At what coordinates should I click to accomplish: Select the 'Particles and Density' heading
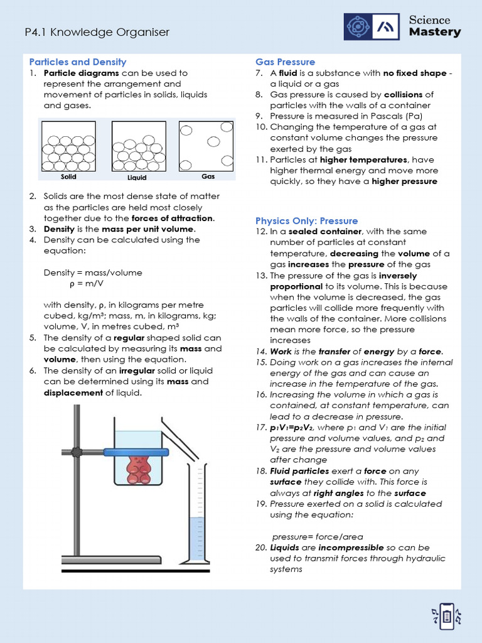(78, 62)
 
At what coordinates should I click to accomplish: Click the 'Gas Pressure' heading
(285, 62)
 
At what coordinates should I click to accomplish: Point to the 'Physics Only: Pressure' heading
(306, 220)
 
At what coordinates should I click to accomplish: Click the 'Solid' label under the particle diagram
(68, 177)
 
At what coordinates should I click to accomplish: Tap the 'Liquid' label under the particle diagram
(137, 177)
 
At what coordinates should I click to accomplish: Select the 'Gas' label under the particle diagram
(208, 176)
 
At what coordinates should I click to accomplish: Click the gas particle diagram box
(206, 146)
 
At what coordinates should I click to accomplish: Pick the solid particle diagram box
(68, 146)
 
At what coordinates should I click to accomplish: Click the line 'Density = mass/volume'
(93, 273)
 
